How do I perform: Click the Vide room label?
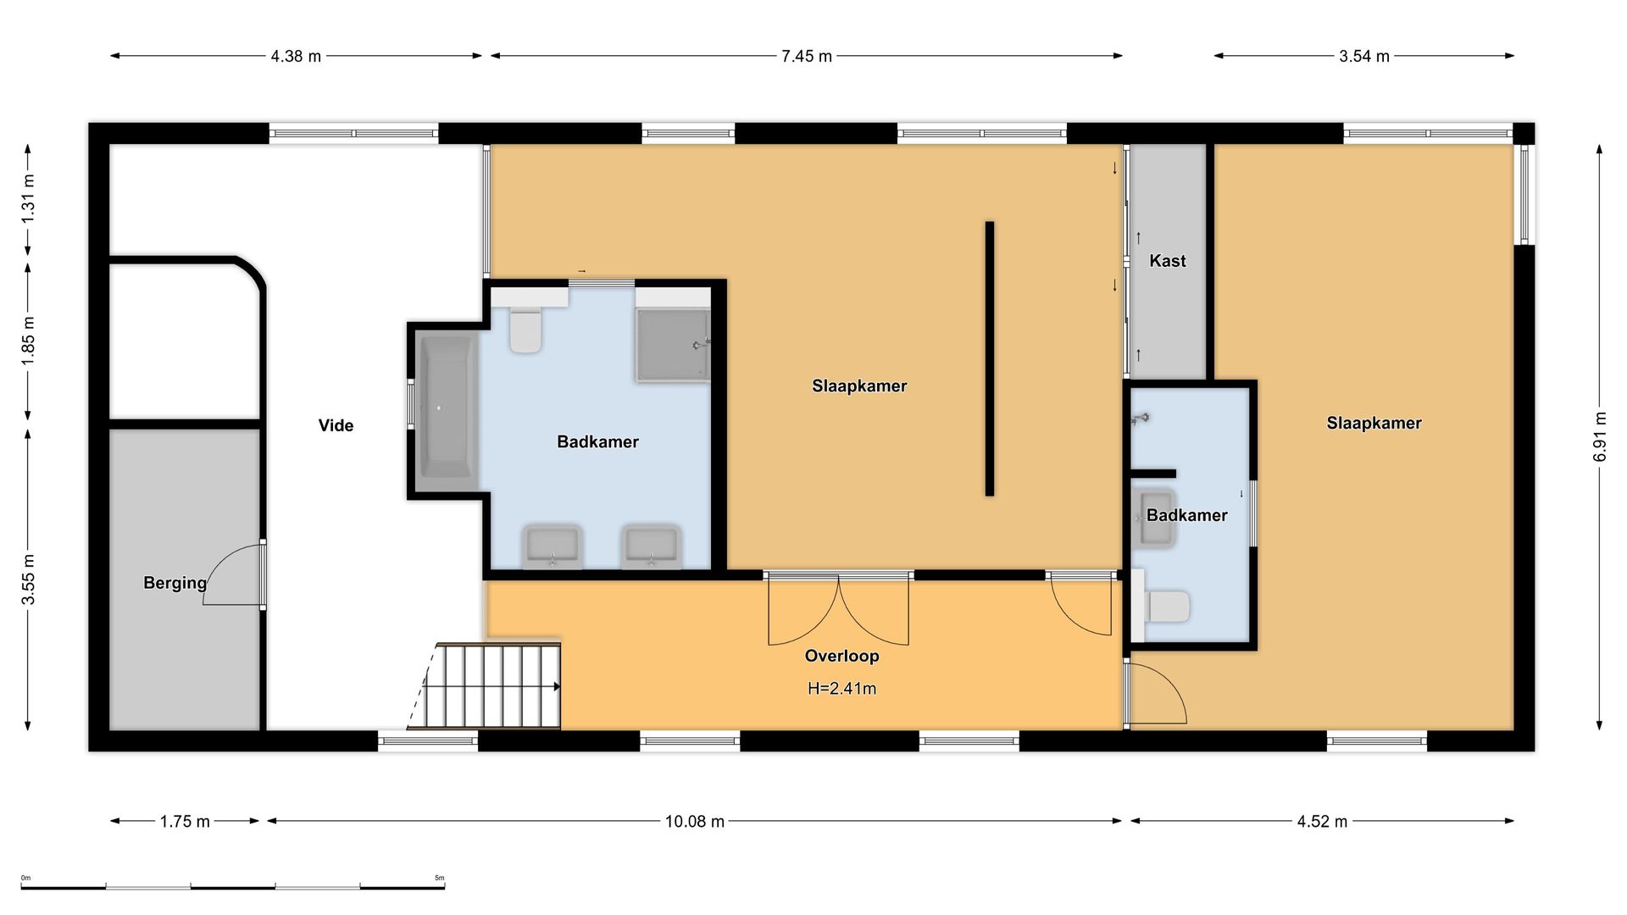[336, 425]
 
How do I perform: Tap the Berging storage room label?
[175, 583]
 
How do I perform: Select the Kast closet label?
[1167, 261]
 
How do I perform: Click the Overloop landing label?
[841, 656]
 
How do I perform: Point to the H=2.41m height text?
[841, 689]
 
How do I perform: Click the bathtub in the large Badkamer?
[446, 410]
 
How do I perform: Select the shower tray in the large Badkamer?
[673, 345]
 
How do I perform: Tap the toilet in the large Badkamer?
[525, 329]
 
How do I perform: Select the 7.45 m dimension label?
[807, 57]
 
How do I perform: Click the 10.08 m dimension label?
[695, 821]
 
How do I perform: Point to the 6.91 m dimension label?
[1600, 436]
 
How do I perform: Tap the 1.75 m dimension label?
[185, 821]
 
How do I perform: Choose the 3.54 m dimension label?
[1364, 57]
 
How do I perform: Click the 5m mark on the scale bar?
[439, 878]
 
